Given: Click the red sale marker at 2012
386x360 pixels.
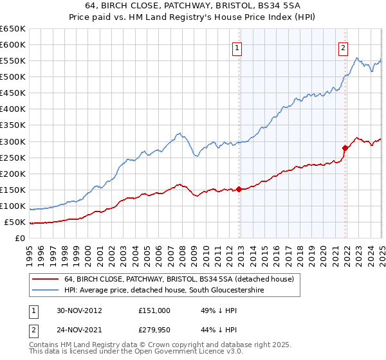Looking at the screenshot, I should pyautogui.click(x=239, y=189).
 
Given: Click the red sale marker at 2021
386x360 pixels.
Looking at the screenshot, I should pyautogui.click(x=345, y=148).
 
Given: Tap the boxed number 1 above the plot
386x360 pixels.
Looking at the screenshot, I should pyautogui.click(x=237, y=48).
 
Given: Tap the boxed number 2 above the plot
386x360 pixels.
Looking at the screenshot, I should pyautogui.click(x=344, y=48).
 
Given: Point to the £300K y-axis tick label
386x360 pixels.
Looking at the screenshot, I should pyautogui.click(x=13, y=141).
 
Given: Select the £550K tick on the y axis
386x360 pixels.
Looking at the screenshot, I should pyautogui.click(x=13, y=61).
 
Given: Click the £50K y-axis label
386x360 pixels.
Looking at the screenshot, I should pyautogui.click(x=15, y=222).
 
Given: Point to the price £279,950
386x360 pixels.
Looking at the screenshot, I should pyautogui.click(x=154, y=330).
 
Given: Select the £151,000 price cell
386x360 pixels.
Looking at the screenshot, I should pyautogui.click(x=154, y=310).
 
